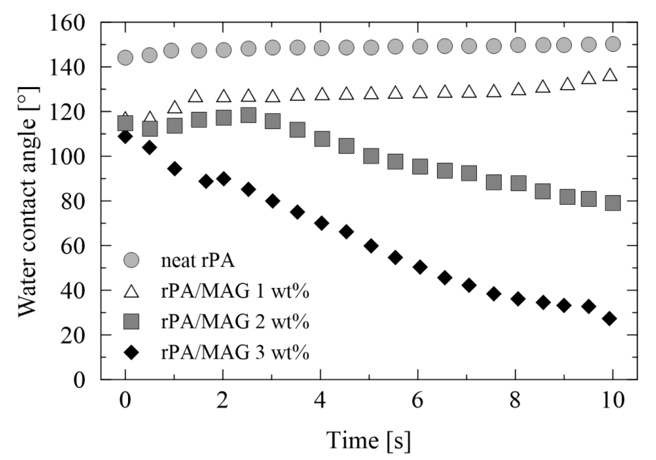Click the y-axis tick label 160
(67, 23)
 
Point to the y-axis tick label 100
(67, 157)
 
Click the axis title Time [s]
(368, 440)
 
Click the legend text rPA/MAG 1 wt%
(235, 292)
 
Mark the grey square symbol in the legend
(131, 321)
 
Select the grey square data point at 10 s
(613, 203)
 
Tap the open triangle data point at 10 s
(610, 75)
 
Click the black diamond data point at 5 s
(371, 246)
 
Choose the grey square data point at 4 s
(322, 139)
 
